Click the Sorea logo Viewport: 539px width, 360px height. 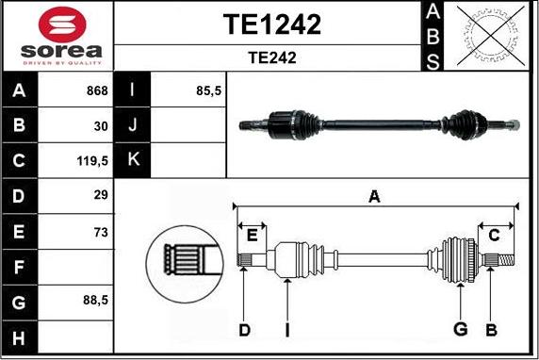57,35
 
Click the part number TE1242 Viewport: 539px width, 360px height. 271,25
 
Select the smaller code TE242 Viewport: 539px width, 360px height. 271,57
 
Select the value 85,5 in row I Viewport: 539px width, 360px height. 207,90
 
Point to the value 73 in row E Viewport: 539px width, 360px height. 101,231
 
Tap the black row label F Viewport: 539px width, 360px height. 20,267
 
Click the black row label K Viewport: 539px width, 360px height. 132,160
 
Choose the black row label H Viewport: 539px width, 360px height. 20,336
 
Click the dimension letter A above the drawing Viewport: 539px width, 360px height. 374,197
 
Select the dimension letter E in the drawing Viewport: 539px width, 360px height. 252,235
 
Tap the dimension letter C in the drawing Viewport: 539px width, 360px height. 493,235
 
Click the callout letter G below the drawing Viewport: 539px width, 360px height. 460,329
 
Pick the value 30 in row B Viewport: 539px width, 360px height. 101,125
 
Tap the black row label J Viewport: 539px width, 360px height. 132,125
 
